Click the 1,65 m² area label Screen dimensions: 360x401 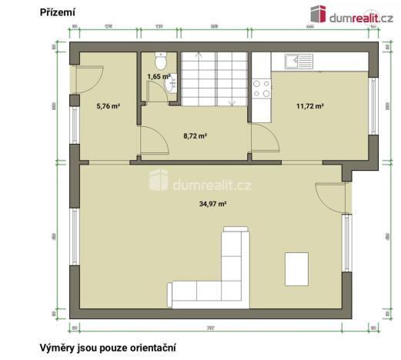158,77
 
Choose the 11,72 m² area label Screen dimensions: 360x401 309,106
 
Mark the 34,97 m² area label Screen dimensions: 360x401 212,203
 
